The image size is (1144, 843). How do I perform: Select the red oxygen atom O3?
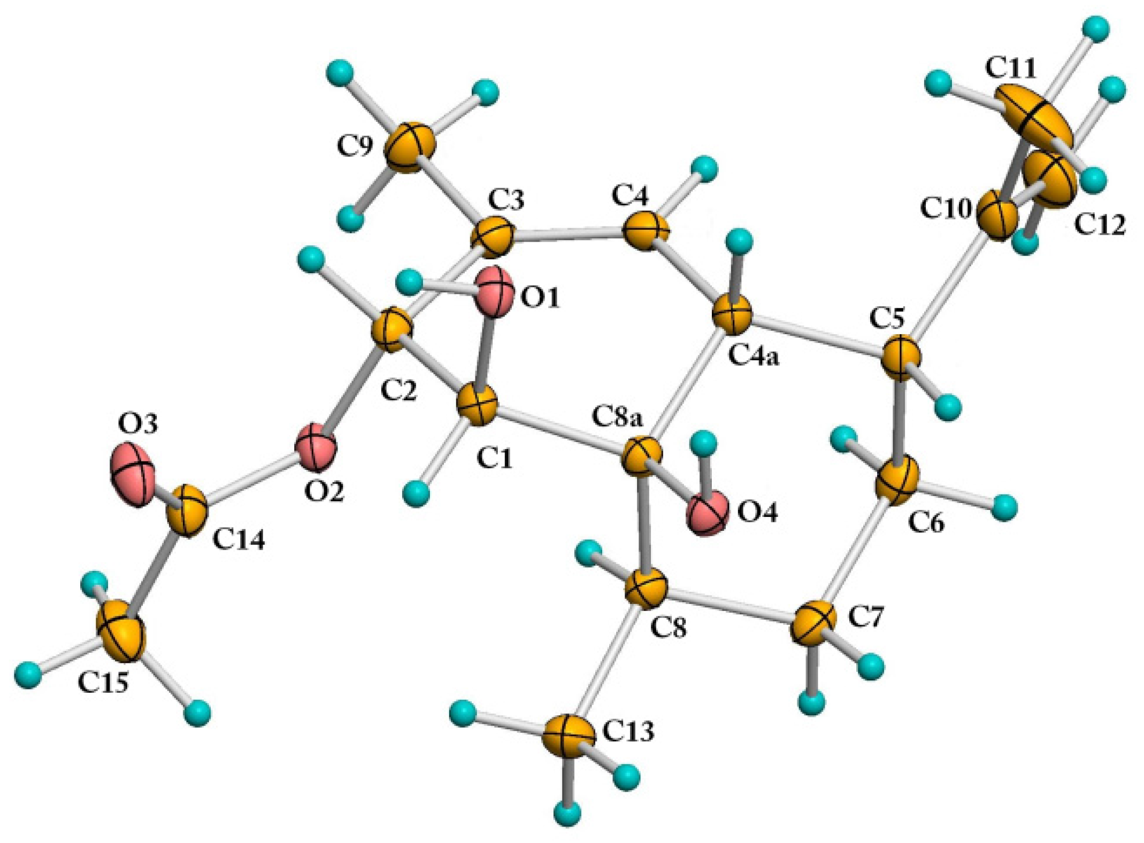(x=132, y=474)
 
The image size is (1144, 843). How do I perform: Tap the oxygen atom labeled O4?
(x=708, y=513)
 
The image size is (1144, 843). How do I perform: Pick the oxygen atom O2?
(x=317, y=447)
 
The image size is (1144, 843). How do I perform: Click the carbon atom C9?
(x=410, y=147)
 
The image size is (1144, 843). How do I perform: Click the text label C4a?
(x=755, y=355)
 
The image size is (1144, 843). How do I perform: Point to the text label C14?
(x=239, y=541)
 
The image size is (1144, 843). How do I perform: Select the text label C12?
(x=1100, y=225)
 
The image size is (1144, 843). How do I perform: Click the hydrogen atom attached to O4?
(x=703, y=443)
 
